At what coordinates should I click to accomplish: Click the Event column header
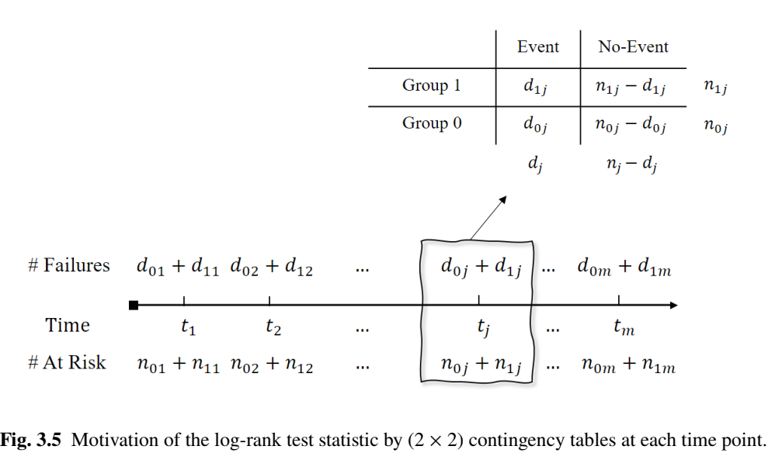537,47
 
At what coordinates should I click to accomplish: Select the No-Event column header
633,47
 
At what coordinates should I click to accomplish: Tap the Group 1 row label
431,85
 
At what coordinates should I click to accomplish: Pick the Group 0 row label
432,123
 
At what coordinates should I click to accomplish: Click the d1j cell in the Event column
535,87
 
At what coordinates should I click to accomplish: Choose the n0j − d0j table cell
630,125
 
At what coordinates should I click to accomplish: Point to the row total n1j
715,87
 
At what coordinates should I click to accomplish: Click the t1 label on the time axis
187,327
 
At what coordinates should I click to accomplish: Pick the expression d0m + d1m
624,268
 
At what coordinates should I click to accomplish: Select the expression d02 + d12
271,268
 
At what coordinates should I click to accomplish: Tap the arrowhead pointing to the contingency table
503,200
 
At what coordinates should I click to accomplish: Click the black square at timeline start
134,306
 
